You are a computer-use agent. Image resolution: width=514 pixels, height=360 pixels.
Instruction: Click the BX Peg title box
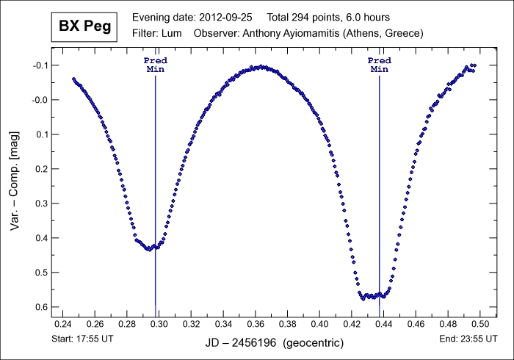coord(81,27)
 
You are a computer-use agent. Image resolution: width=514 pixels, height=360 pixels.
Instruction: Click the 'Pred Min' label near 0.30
coord(155,64)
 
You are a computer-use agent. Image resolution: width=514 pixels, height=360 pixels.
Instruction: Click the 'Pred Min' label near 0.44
coord(379,64)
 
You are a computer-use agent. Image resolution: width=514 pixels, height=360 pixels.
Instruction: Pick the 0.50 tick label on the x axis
coord(480,323)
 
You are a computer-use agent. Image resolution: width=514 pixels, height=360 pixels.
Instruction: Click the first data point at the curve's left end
coord(73,79)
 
